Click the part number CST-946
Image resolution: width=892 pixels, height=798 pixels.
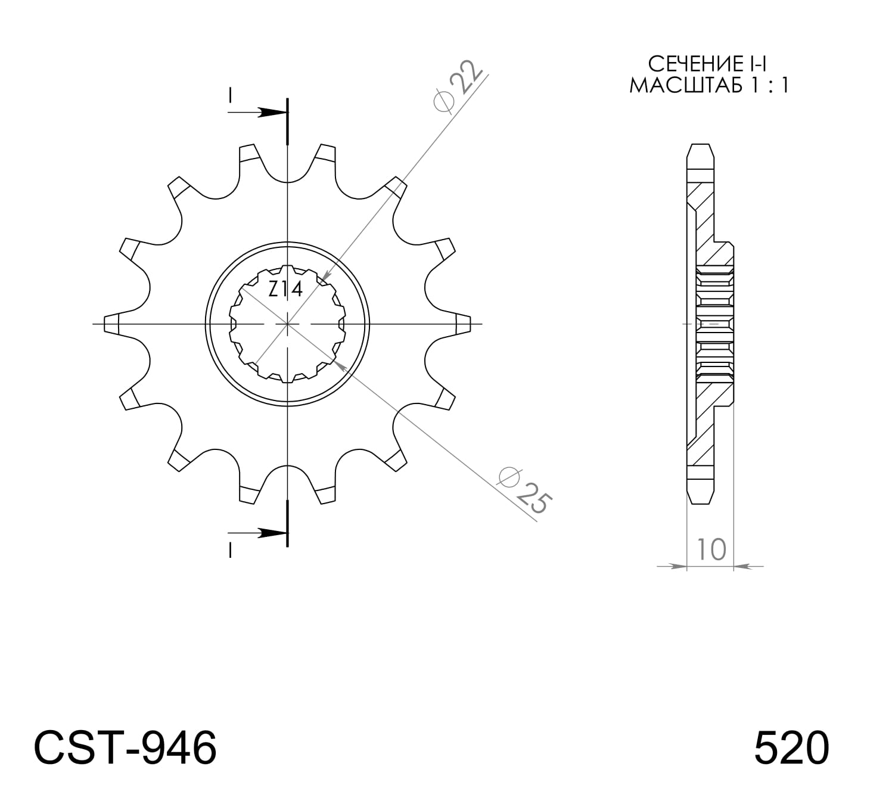pyautogui.click(x=125, y=748)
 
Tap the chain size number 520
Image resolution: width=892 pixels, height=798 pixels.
pyautogui.click(x=791, y=748)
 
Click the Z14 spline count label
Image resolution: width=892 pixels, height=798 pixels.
pyautogui.click(x=285, y=290)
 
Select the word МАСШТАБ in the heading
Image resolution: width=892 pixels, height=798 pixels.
pyautogui.click(x=685, y=86)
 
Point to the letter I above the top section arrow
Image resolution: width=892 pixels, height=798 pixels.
pyautogui.click(x=230, y=95)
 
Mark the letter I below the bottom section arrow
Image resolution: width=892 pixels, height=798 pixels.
pyautogui.click(x=230, y=551)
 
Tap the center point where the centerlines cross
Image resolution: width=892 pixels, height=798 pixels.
pyautogui.click(x=288, y=324)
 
